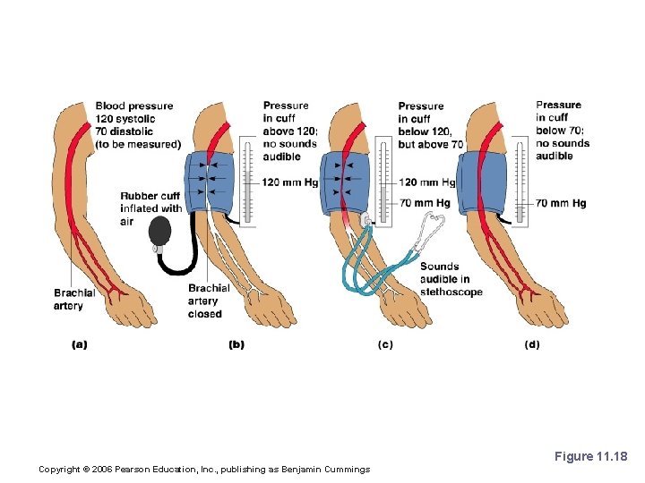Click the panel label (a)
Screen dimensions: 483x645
79,344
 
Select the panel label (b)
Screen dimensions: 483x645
236,344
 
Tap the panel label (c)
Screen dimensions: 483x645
384,344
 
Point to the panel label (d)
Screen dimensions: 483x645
531,344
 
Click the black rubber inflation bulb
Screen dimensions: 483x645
162,232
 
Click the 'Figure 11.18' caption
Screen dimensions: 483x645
590,456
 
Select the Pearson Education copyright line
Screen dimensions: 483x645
204,469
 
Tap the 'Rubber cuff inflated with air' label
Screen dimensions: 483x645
150,208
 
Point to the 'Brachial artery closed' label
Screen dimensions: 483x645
208,301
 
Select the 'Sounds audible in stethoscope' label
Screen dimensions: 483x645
451,279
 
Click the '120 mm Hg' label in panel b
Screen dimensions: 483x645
290,182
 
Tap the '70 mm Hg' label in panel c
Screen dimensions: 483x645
425,203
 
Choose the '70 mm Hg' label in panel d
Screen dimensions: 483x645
561,203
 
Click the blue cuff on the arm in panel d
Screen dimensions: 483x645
485,184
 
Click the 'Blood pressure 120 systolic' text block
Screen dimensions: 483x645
137,125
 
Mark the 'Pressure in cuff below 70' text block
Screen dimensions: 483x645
563,131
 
